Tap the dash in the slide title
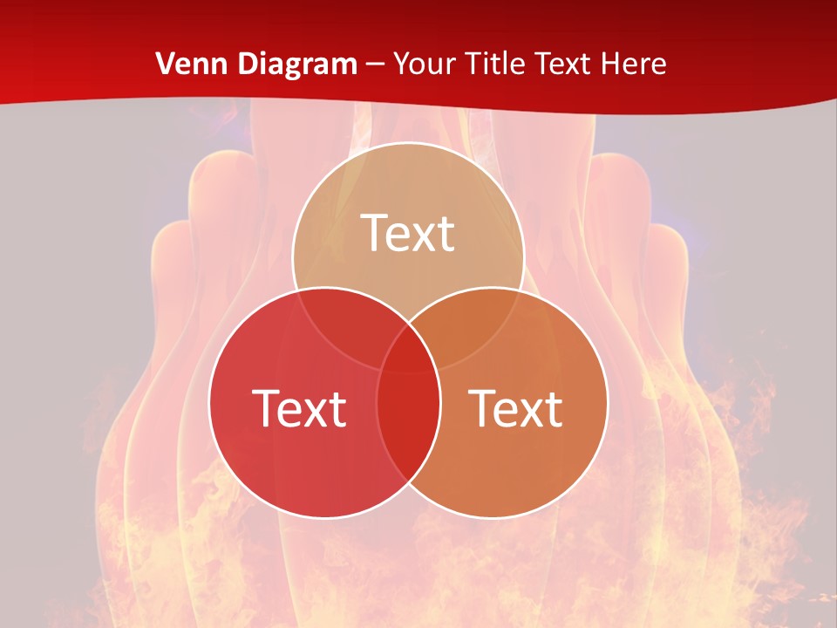click(x=375, y=65)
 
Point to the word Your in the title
click(x=425, y=64)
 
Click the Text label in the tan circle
click(x=408, y=233)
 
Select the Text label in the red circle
click(x=299, y=408)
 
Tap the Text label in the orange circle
click(x=516, y=408)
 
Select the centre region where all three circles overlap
click(x=408, y=353)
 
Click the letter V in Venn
click(x=165, y=64)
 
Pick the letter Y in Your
click(x=402, y=64)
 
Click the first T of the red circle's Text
click(x=267, y=408)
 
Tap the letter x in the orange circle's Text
click(x=528, y=412)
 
